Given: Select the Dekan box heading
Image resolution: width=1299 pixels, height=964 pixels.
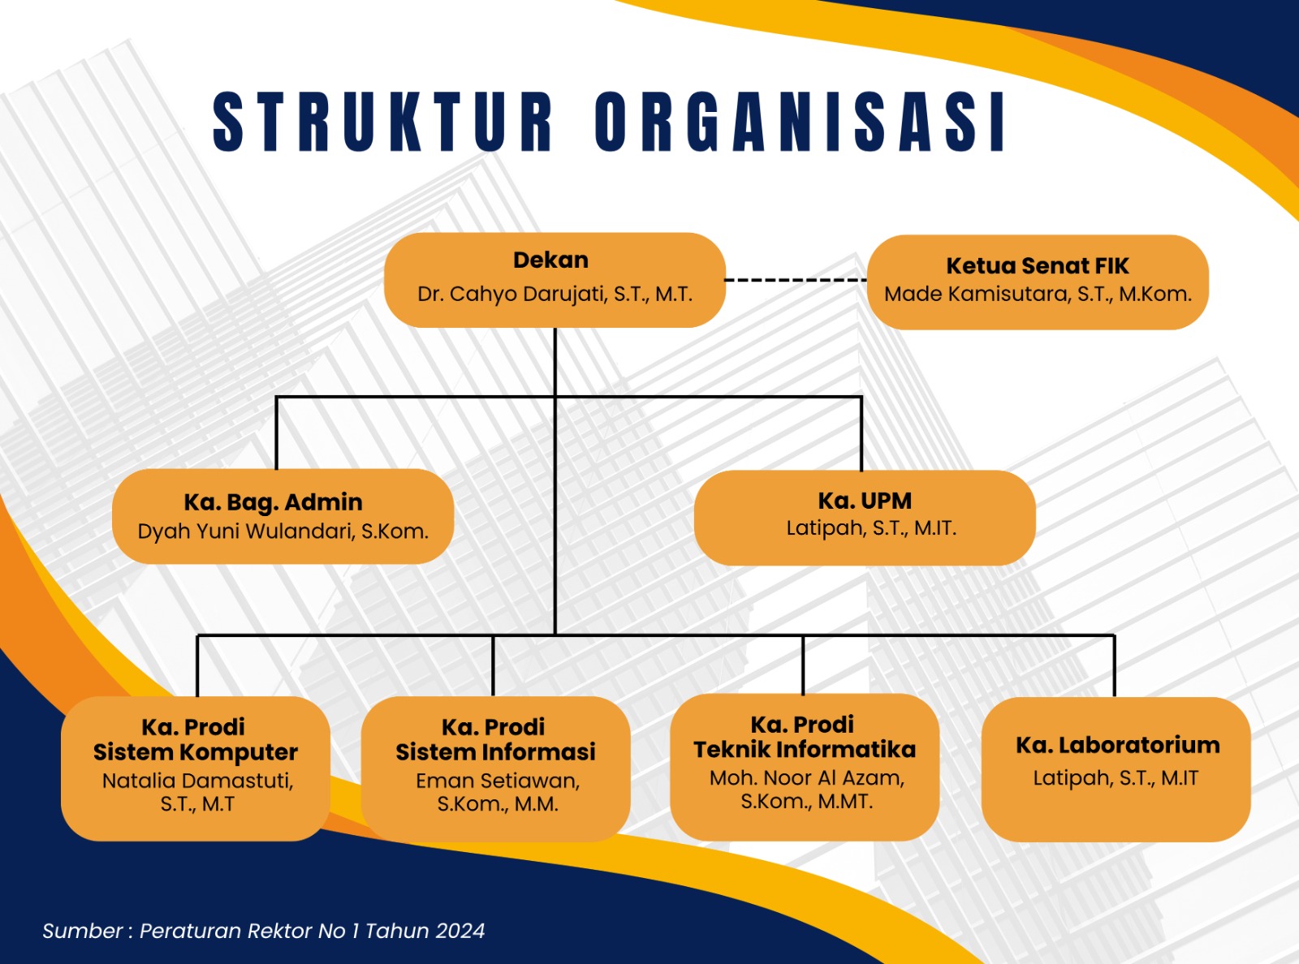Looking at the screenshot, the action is coord(551,260).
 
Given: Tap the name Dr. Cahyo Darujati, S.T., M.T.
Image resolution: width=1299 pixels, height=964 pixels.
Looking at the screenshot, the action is coord(555,294).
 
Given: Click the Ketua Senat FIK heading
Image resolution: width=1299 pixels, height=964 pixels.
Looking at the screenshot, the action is coord(1038,265).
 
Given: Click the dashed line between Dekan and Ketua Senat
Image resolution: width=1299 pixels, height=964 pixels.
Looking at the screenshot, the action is coord(796,280).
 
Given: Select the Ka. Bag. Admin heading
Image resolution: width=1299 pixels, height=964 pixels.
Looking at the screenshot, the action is coord(273,502).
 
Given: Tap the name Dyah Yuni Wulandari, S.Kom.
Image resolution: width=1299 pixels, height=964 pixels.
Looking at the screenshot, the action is coord(283,531).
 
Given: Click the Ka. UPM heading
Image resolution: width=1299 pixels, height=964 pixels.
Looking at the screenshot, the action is coord(865,501).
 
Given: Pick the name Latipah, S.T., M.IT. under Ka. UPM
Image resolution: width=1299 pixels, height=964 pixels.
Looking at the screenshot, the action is coord(871,528).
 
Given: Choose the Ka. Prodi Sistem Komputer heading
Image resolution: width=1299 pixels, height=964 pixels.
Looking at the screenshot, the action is coord(195,740).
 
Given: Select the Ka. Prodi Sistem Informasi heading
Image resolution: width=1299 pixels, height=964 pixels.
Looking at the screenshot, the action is coord(495,740).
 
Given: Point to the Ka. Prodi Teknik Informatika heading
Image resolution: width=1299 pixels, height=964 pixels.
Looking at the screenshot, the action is coord(804,738).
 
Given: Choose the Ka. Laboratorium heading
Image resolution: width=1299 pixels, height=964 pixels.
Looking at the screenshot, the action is coord(1117,746).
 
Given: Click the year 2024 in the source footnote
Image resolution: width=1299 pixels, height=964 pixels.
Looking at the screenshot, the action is coord(460,931).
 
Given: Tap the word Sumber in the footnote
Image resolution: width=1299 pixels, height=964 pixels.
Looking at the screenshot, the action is coord(83,931).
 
